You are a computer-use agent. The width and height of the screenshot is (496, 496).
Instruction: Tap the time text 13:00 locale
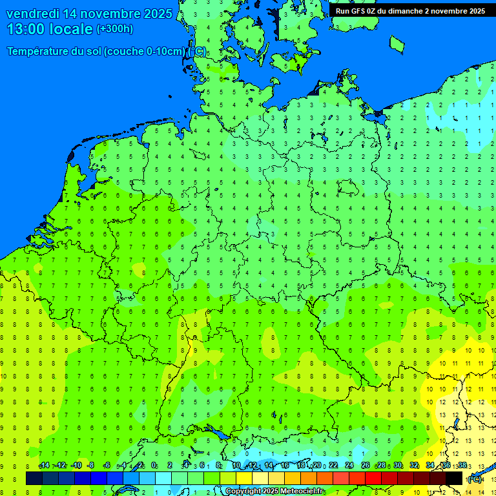coord(50,29)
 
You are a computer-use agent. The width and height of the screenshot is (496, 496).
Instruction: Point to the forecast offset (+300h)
coord(115,29)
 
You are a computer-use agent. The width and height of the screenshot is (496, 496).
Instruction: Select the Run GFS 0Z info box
coord(410,11)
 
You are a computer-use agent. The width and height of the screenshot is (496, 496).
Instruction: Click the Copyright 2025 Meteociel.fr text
coord(274,491)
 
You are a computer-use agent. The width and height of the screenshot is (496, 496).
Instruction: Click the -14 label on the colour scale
coord(44,466)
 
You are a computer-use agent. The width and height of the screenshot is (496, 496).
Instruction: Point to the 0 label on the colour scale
coord(154,466)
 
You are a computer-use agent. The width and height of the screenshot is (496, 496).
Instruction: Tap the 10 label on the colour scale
coord(236,466)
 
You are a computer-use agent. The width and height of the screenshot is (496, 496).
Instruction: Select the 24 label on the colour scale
coord(349,466)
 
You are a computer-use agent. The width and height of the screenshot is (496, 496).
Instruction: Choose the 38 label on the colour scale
coord(462,466)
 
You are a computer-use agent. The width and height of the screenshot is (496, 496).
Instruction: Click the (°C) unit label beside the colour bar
coord(475,479)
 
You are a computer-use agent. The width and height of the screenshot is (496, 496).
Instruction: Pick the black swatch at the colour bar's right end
coord(454,479)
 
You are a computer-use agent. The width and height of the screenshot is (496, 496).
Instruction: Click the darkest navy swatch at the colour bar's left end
coord(34,479)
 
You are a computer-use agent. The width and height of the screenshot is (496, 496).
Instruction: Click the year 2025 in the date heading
coord(158,14)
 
